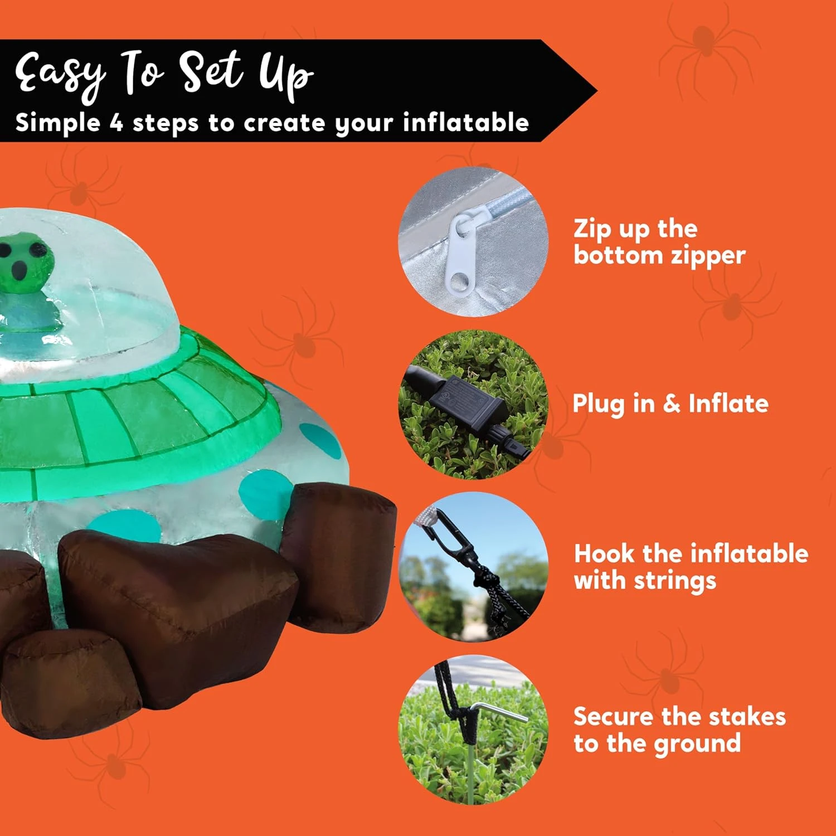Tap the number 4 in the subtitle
(116, 122)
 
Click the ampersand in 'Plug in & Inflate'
(672, 403)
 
